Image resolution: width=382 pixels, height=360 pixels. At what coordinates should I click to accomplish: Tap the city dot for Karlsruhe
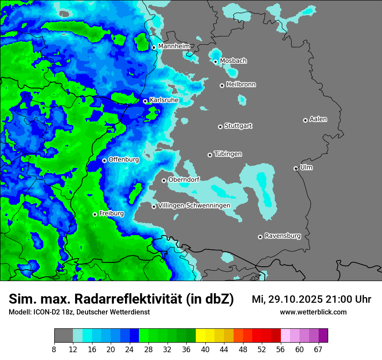click(145, 101)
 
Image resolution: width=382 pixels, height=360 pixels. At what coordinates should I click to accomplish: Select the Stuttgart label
click(238, 126)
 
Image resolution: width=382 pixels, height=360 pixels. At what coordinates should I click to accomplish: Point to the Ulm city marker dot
click(296, 168)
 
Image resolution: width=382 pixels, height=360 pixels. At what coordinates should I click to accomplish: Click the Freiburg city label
click(111, 213)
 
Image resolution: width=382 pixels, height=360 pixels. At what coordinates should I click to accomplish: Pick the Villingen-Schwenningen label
click(194, 205)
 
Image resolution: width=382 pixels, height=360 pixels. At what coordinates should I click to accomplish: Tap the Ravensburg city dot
click(260, 237)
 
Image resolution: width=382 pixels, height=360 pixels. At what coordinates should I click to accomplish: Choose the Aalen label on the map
click(318, 119)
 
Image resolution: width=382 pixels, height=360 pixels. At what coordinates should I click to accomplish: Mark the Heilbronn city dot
click(222, 85)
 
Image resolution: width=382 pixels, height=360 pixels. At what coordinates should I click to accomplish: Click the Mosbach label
click(233, 61)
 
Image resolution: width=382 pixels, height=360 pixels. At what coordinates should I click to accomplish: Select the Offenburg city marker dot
click(104, 160)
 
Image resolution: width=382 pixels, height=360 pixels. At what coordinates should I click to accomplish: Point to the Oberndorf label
click(184, 180)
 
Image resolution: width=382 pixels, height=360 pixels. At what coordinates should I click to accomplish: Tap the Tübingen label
click(228, 154)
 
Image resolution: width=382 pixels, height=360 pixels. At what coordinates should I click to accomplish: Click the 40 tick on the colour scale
click(205, 349)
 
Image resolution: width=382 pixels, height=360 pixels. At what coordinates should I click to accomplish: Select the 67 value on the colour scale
click(319, 349)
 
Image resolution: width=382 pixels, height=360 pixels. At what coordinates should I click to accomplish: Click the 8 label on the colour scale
click(54, 349)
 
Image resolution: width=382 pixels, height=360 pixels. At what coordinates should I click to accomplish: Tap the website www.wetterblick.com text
click(313, 312)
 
